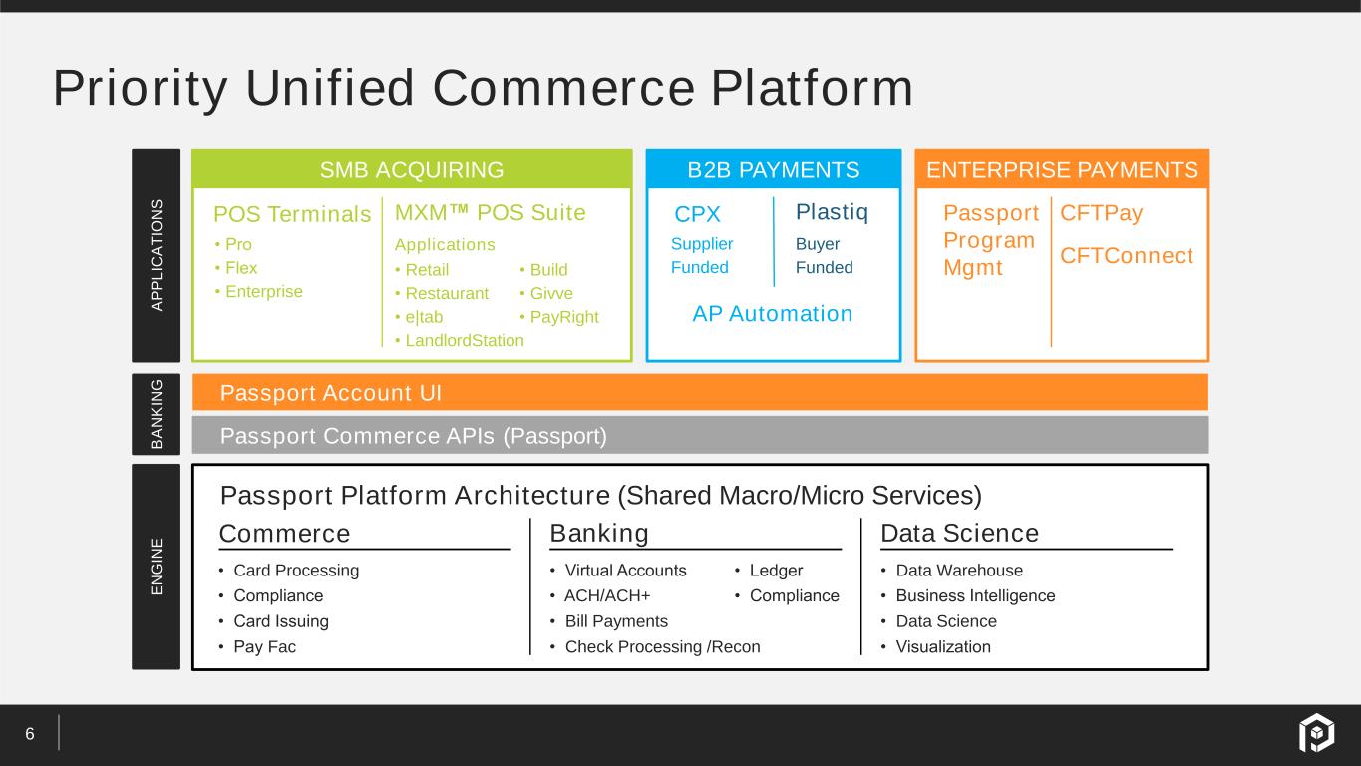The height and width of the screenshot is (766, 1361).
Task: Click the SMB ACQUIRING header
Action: pyautogui.click(x=411, y=170)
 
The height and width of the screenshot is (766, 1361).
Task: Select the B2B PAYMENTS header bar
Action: pyautogui.click(x=774, y=170)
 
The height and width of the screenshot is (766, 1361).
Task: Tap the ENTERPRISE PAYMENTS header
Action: pyautogui.click(x=1062, y=170)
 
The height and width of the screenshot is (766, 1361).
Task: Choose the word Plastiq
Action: pyautogui.click(x=832, y=212)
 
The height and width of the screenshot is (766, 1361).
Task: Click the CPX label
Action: pyautogui.click(x=697, y=215)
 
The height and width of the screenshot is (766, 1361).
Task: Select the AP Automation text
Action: pyautogui.click(x=773, y=314)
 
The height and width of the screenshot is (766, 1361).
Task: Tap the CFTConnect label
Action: pyautogui.click(x=1126, y=256)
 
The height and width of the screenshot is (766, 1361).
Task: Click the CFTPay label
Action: pyautogui.click(x=1101, y=213)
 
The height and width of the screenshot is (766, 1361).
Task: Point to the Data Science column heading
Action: pyautogui.click(x=959, y=534)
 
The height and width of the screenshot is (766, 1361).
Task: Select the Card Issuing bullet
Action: pyautogui.click(x=280, y=621)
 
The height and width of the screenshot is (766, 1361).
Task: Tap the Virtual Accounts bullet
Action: pyautogui.click(x=625, y=571)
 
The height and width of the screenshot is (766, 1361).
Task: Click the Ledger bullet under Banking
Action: pyautogui.click(x=776, y=571)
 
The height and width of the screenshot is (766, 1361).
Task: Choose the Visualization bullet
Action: pyautogui.click(x=942, y=646)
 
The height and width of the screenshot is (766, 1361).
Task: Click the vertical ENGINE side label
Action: pyautogui.click(x=157, y=567)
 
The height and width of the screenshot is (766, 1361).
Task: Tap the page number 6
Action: pyautogui.click(x=30, y=735)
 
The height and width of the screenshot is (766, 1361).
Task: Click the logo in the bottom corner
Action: pyautogui.click(x=1315, y=734)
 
